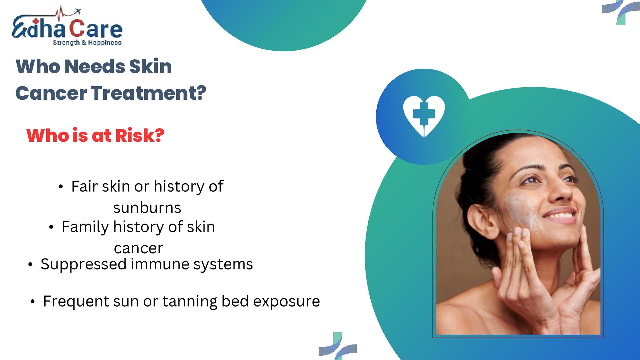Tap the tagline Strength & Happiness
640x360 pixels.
click(87, 43)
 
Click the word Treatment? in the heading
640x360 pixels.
click(149, 93)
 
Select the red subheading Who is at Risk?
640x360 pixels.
click(95, 135)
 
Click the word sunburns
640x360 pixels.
click(147, 208)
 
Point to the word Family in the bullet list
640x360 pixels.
click(85, 227)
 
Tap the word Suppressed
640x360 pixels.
click(83, 264)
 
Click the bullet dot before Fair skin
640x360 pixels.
click(60, 187)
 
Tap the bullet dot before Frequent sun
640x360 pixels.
click(32, 302)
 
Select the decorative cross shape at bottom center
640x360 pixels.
click(337, 347)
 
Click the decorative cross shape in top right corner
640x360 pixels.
click(620, 11)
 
